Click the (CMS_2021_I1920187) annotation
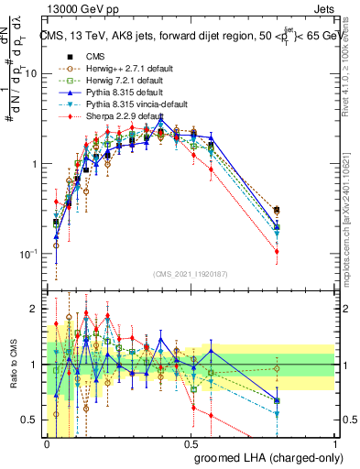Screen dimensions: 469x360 click(191, 273)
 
